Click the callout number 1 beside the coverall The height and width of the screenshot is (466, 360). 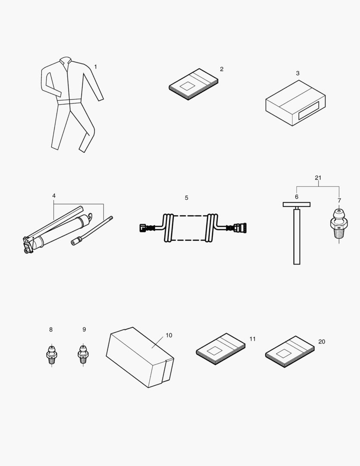point(95,67)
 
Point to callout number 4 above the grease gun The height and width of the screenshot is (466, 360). point(54,196)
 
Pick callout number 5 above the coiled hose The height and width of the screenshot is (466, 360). point(186,198)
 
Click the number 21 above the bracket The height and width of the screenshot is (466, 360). point(318,178)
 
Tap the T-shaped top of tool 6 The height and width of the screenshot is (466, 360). point(297,205)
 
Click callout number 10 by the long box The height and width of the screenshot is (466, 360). point(169,335)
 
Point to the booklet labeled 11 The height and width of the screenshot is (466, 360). point(220,349)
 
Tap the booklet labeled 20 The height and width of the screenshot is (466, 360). point(289,351)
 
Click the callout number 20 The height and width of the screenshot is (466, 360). point(322,342)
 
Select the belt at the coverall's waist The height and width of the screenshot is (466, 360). point(69,102)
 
